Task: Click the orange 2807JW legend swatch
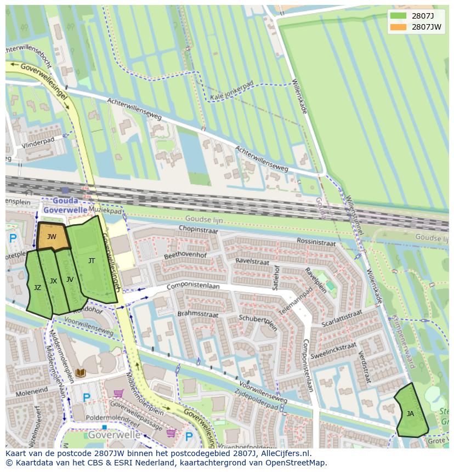click(x=399, y=27)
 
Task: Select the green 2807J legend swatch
click(x=399, y=16)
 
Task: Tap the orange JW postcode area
click(x=52, y=237)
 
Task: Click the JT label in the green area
click(x=92, y=261)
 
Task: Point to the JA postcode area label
click(x=410, y=414)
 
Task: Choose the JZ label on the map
click(x=37, y=288)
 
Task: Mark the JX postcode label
click(x=53, y=281)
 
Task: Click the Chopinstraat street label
click(x=198, y=229)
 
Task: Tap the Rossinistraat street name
click(x=316, y=241)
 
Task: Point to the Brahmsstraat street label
click(x=198, y=315)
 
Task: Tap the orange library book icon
click(x=81, y=373)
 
